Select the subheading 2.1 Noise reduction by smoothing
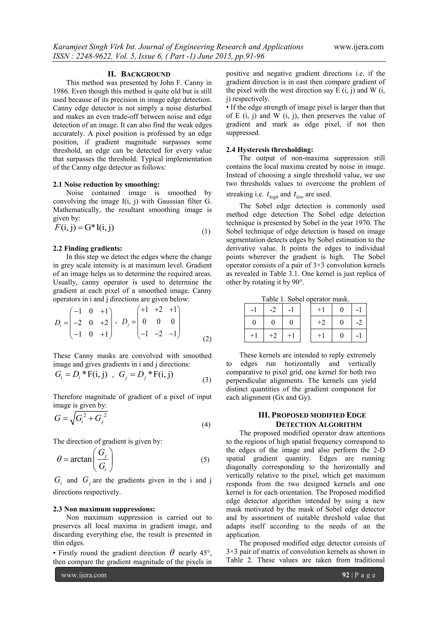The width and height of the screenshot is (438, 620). coord(106,184)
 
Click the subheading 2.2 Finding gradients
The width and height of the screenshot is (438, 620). coord(88,248)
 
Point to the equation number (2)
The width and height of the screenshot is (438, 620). coord(207,339)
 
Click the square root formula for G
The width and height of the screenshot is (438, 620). coord(81,418)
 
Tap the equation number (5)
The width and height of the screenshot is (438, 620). coord(205,460)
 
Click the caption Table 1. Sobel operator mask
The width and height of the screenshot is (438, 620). coord(305,299)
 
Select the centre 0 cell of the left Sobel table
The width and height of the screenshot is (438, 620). coord(273,323)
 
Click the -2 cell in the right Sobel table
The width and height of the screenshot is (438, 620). coord(359,323)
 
